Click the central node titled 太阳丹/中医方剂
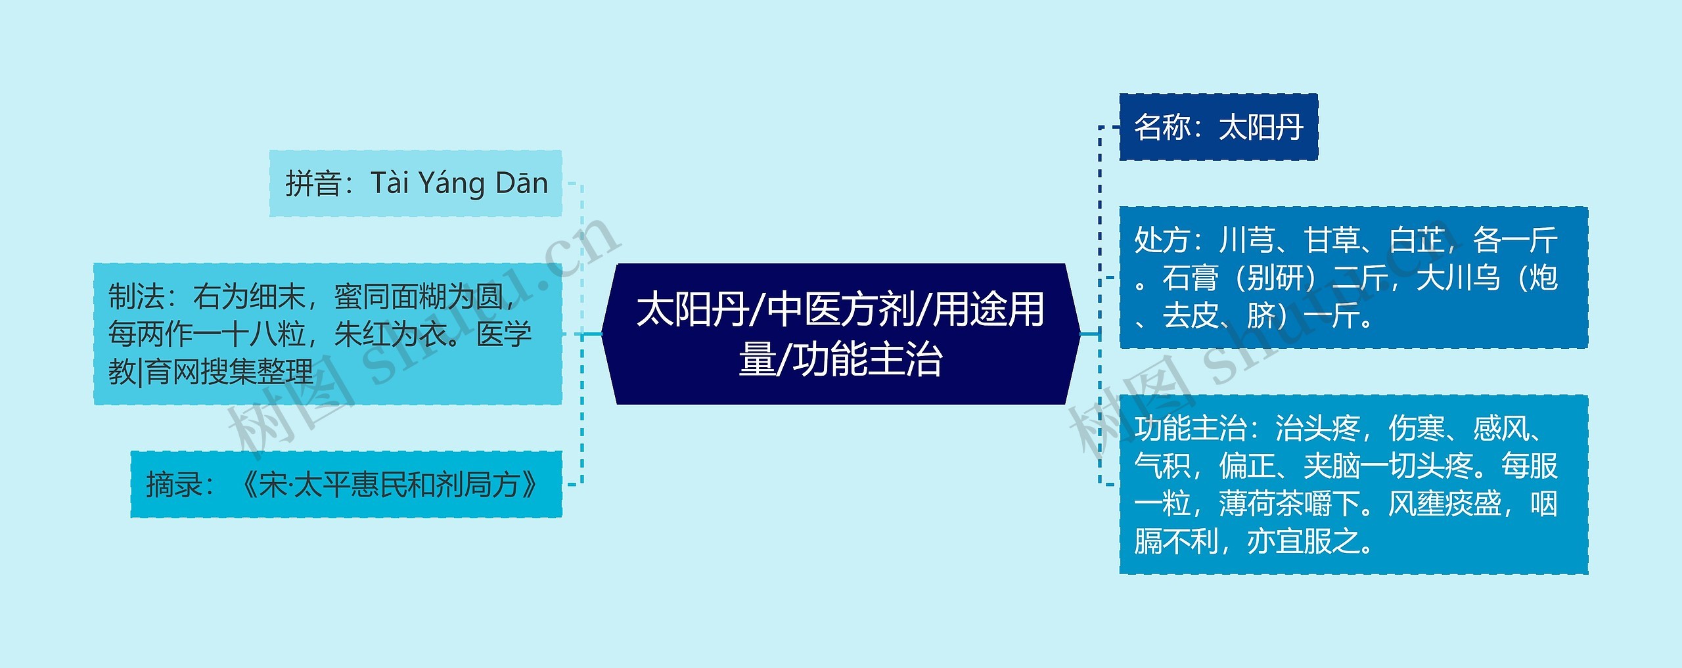(840, 334)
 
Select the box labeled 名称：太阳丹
(1218, 127)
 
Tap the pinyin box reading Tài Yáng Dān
(415, 183)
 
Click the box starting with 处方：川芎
(1353, 277)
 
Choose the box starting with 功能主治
(1353, 485)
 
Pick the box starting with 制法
(327, 334)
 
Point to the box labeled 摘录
(346, 485)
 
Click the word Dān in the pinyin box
(522, 183)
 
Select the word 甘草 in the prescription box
(1332, 240)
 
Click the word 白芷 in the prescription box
(1417, 240)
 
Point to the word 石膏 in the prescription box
(1190, 278)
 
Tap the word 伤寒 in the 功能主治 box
(1417, 429)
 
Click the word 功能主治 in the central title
(867, 359)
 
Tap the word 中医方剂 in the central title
(842, 309)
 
